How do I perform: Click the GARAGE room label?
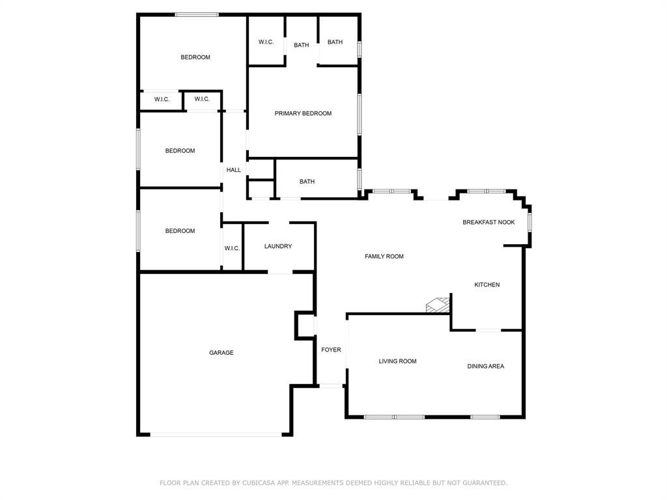(221, 353)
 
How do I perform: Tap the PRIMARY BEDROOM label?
(303, 113)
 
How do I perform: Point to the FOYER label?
(331, 350)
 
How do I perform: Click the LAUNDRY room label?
(278, 246)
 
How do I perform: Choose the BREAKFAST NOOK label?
(489, 222)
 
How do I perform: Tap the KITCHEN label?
(487, 285)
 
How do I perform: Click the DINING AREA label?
(485, 367)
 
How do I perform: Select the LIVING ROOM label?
(397, 361)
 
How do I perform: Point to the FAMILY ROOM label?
(384, 257)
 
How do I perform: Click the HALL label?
(233, 170)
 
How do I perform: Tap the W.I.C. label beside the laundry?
(232, 249)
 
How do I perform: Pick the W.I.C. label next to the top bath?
(266, 42)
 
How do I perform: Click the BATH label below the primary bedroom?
(307, 182)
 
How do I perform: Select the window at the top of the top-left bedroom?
(196, 14)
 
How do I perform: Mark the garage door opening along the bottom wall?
(216, 434)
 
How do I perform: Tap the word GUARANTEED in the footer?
(483, 483)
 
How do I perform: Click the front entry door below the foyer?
(331, 386)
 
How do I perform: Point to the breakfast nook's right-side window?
(530, 222)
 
